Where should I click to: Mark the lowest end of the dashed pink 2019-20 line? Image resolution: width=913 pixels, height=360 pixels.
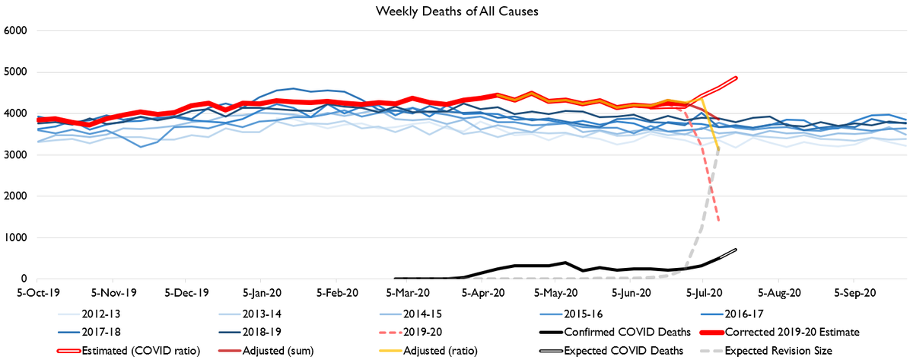(x=719, y=221)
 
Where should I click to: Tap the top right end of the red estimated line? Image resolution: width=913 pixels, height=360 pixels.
(x=736, y=77)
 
